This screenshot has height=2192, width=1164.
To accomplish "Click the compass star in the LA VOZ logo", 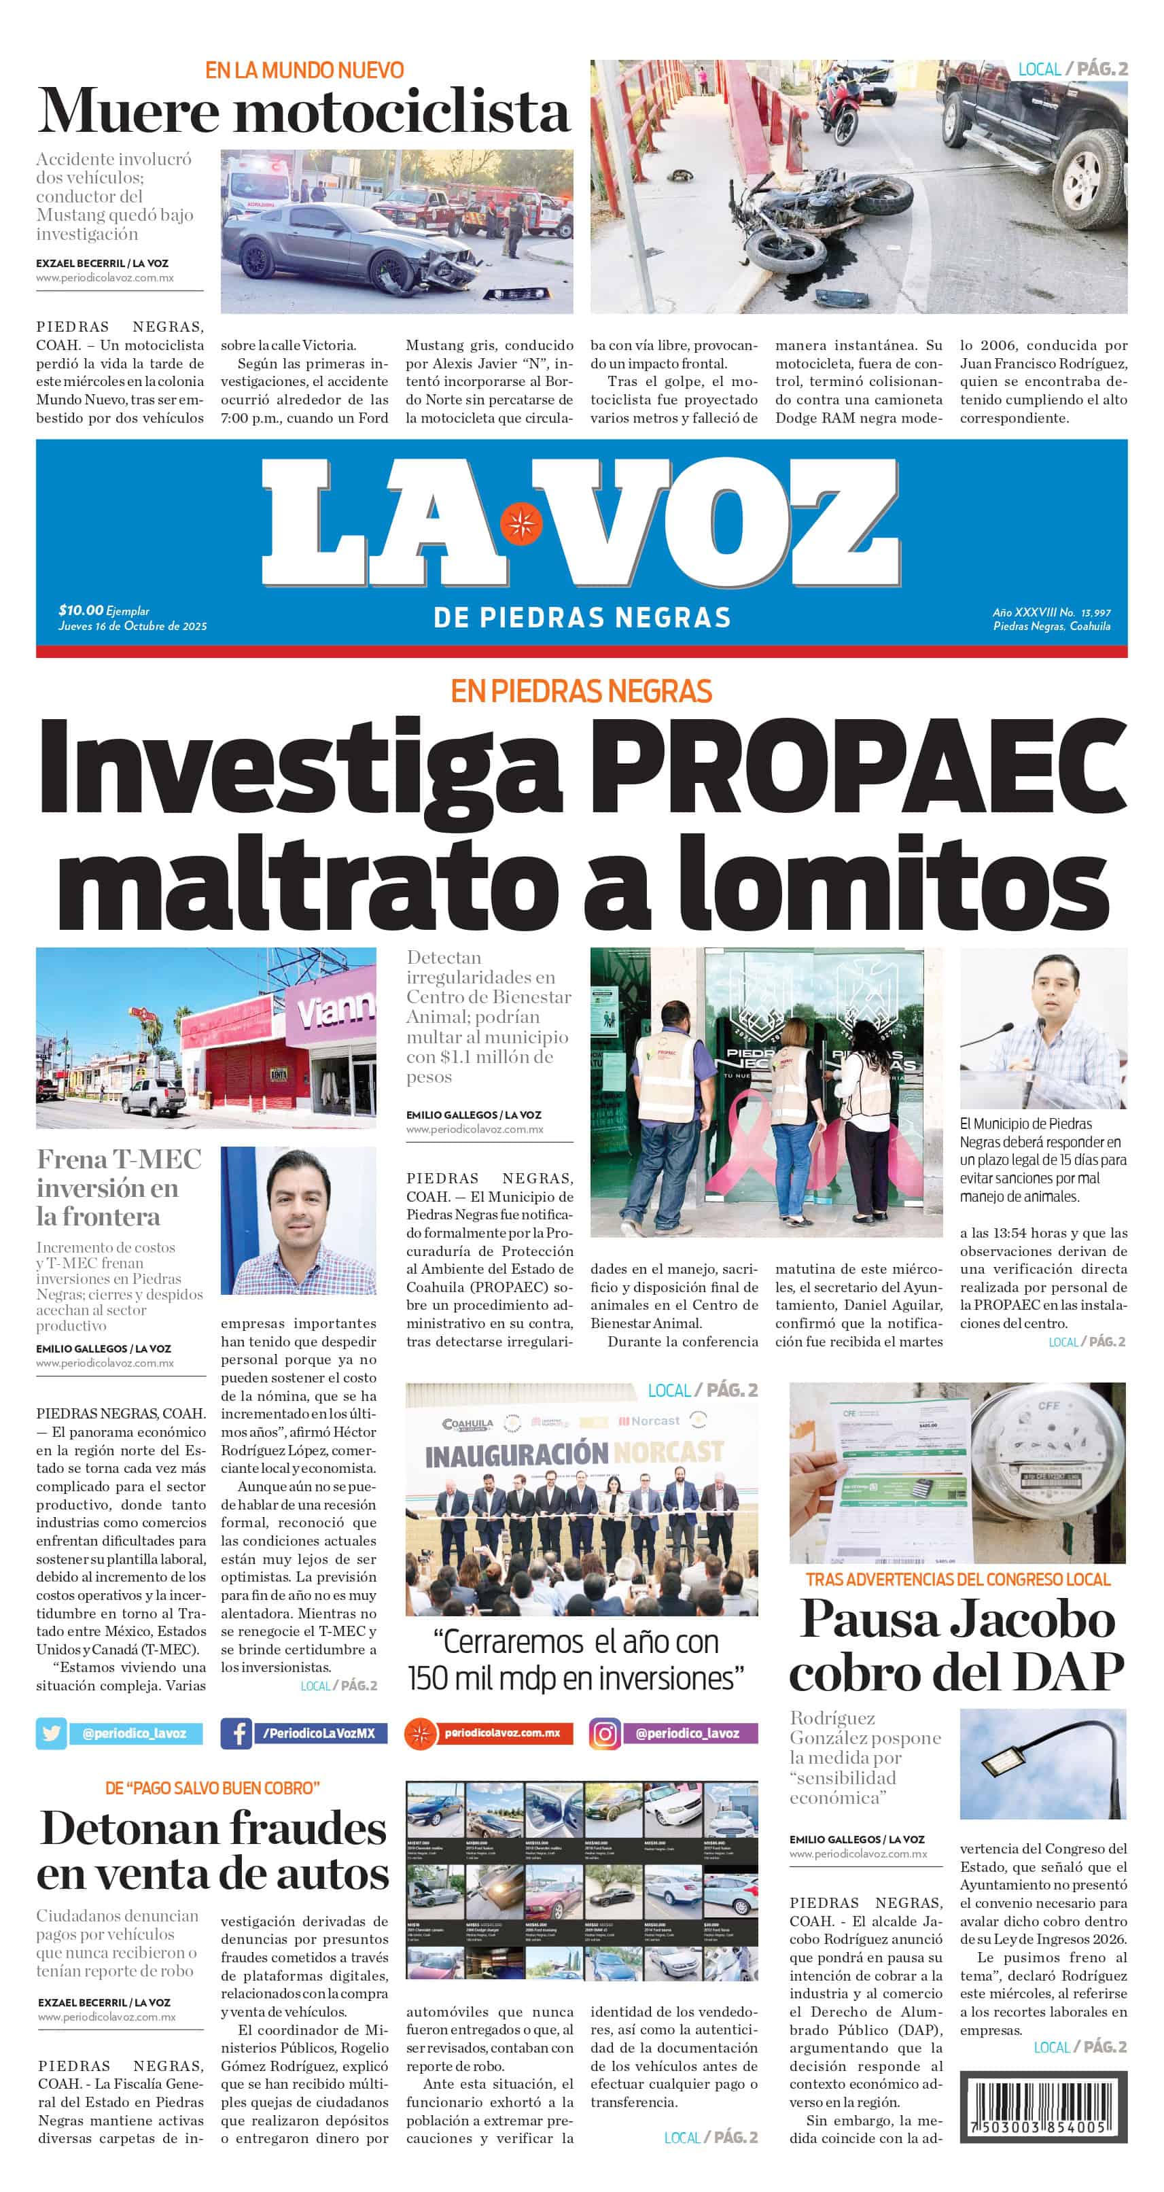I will [x=521, y=523].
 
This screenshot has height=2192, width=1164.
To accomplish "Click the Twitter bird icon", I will [x=51, y=1733].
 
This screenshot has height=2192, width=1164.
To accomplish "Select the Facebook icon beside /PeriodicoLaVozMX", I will [x=236, y=1733].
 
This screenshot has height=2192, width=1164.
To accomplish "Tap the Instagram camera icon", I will [x=605, y=1733].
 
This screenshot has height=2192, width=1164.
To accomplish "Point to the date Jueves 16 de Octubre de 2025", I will [x=133, y=625].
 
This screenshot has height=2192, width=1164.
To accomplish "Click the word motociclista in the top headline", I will [x=401, y=111].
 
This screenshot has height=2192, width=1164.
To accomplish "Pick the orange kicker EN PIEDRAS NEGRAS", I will [x=581, y=691].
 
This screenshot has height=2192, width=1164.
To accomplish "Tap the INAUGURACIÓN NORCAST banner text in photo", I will [x=574, y=1453].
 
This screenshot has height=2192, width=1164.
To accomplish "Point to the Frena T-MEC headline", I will [x=119, y=1186].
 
